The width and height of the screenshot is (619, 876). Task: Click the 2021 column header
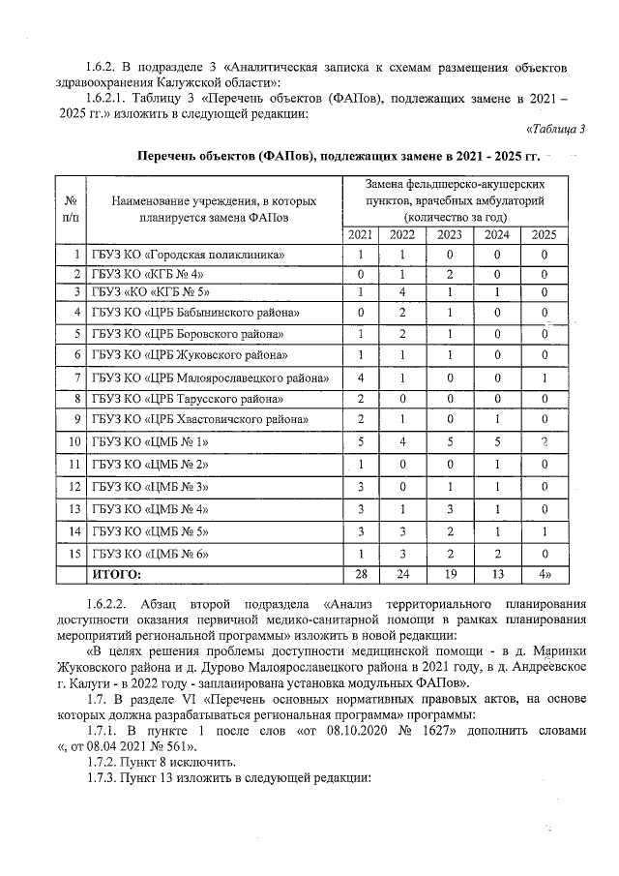click(x=360, y=234)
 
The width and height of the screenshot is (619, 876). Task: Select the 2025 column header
click(x=544, y=234)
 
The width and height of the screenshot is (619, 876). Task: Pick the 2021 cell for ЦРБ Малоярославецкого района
click(x=360, y=377)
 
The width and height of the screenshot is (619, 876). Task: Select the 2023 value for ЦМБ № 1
click(x=449, y=442)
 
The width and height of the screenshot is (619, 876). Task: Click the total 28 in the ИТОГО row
click(x=360, y=575)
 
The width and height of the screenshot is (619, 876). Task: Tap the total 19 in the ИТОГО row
click(x=449, y=575)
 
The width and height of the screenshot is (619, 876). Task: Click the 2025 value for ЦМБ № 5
click(x=544, y=531)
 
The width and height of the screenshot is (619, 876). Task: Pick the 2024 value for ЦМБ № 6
click(x=496, y=554)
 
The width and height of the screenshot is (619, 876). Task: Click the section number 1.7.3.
click(x=103, y=779)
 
